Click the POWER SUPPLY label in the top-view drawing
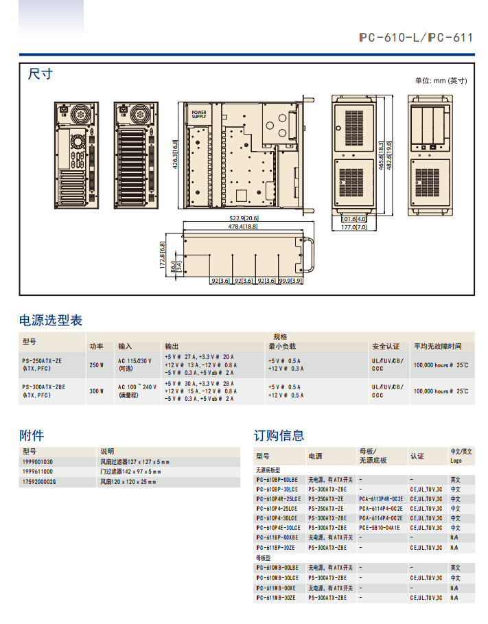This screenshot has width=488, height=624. click(x=198, y=115)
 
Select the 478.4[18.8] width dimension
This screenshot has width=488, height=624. click(x=242, y=226)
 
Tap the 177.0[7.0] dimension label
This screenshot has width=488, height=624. click(x=354, y=226)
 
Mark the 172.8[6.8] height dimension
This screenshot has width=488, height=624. click(x=162, y=255)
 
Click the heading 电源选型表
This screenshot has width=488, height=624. click(x=50, y=320)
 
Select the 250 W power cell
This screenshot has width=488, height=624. click(x=96, y=365)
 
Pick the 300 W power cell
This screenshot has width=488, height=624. click(x=96, y=391)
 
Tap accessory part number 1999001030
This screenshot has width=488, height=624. click(x=38, y=462)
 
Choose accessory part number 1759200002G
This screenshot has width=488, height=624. click(x=39, y=483)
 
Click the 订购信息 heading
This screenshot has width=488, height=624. click(x=279, y=435)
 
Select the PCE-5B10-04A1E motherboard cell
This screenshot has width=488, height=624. click(x=379, y=527)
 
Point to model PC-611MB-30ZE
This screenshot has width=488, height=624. click(x=276, y=598)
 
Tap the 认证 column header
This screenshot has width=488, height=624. click(x=417, y=456)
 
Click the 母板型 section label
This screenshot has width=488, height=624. click(x=264, y=558)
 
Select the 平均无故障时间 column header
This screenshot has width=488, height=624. click(x=437, y=347)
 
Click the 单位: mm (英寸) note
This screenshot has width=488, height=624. click(x=441, y=80)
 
